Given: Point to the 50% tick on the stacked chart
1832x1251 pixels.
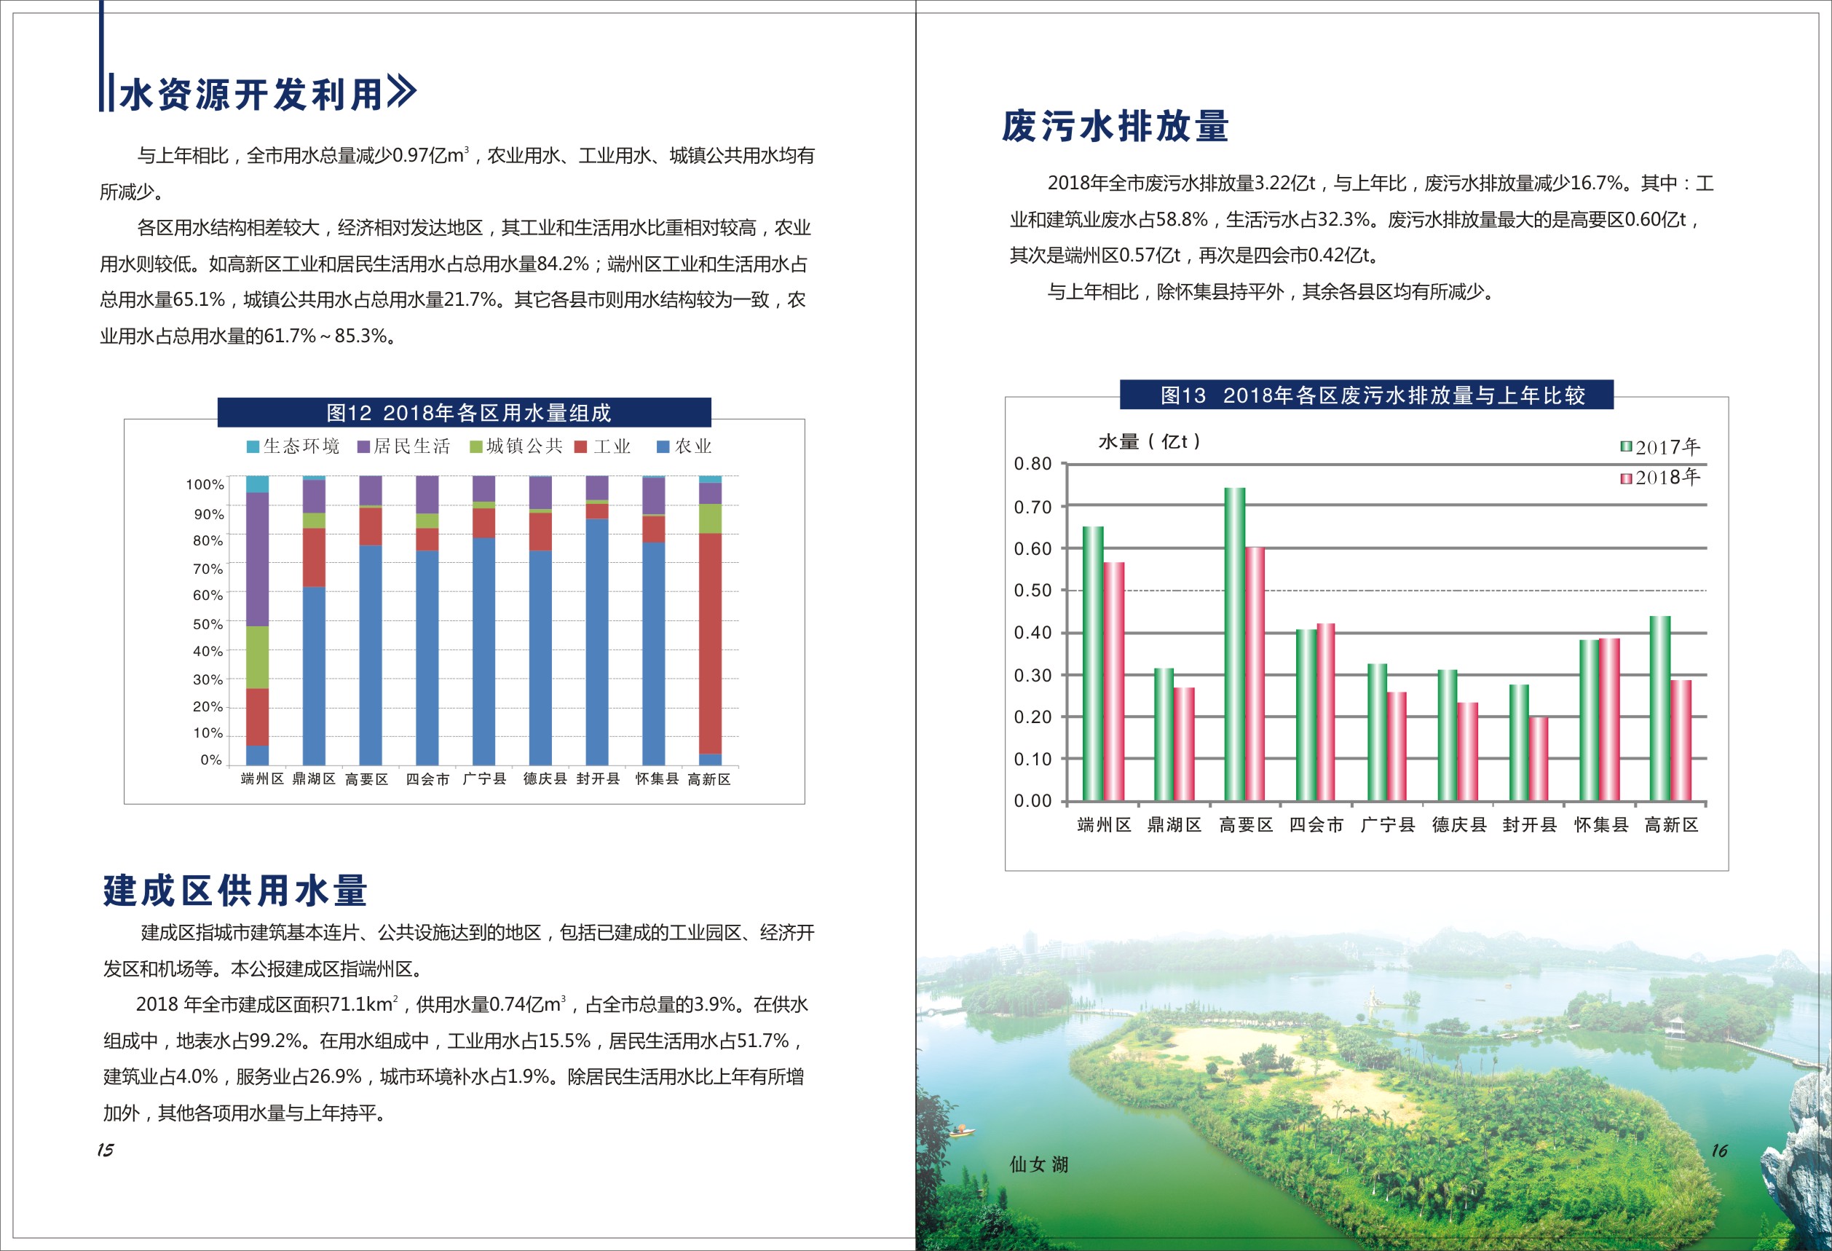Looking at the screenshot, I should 208,623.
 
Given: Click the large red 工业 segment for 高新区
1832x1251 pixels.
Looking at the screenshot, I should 710,642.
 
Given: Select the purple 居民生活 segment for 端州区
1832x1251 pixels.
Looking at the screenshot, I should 257,559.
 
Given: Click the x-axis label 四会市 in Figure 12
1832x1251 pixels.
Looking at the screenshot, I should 427,780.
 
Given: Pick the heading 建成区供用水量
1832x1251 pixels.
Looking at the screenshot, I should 235,891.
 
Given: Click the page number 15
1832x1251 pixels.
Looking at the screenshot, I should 106,1150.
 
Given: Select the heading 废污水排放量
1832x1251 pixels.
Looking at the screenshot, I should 1116,126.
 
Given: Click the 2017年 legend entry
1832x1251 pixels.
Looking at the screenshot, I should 1660,448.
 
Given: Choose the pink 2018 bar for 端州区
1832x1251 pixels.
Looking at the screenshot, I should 1114,681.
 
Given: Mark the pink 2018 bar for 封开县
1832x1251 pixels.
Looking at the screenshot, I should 1538,758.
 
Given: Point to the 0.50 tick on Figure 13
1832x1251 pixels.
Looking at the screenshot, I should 1033,591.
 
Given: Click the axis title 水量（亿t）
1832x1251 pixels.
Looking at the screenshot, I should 1149,441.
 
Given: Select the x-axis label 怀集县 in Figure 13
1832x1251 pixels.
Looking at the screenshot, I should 1601,825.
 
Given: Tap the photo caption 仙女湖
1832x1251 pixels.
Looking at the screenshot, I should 1038,1164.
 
